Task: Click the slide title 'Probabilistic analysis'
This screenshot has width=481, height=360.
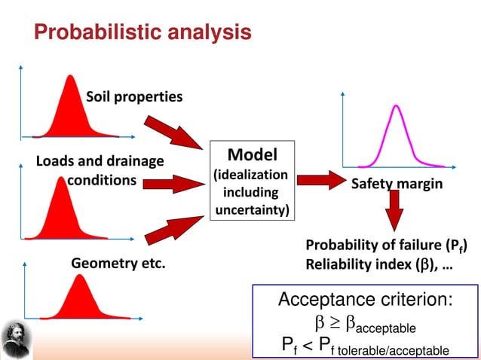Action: pyautogui.click(x=142, y=32)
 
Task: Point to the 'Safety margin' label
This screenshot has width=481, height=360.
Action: pyautogui.click(x=397, y=183)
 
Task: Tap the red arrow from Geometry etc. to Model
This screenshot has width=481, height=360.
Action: pyautogui.click(x=174, y=228)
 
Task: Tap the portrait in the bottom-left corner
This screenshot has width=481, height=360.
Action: pyautogui.click(x=14, y=337)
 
